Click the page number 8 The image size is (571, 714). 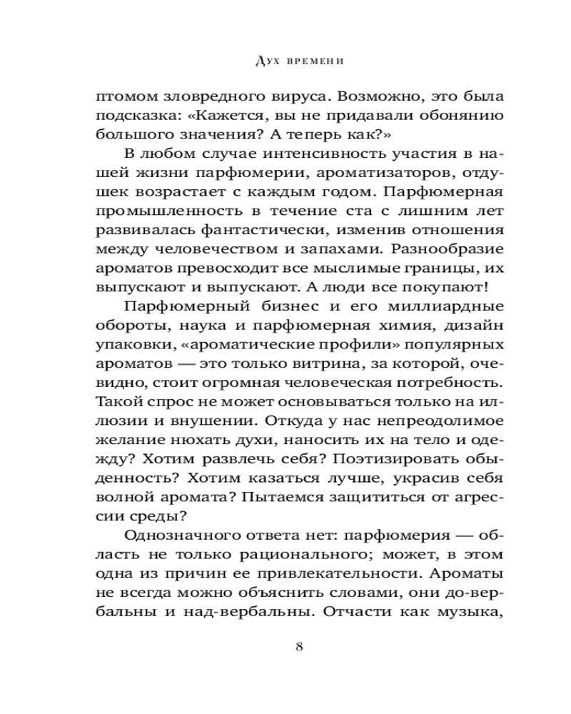300,648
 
